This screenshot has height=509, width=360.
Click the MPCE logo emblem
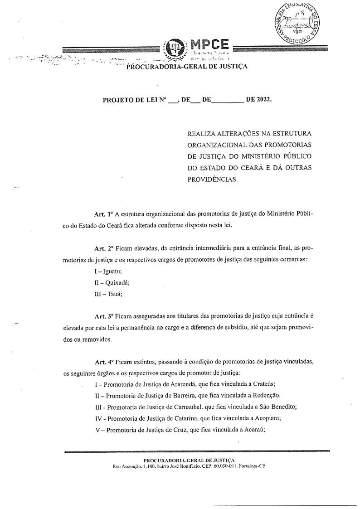(174, 49)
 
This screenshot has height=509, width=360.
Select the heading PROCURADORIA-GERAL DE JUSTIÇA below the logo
(186, 67)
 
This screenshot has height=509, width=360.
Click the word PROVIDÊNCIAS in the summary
(212, 179)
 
